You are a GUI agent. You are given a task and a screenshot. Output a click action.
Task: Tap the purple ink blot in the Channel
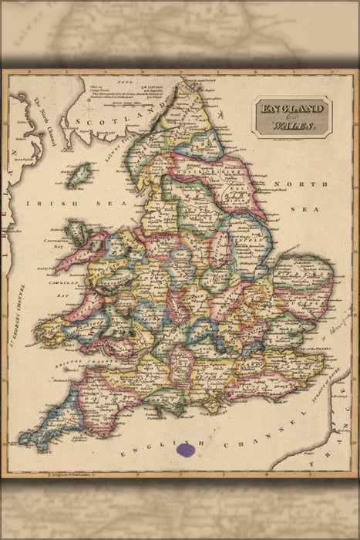point(184,449)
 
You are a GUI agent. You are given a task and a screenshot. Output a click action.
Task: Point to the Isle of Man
point(78,175)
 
